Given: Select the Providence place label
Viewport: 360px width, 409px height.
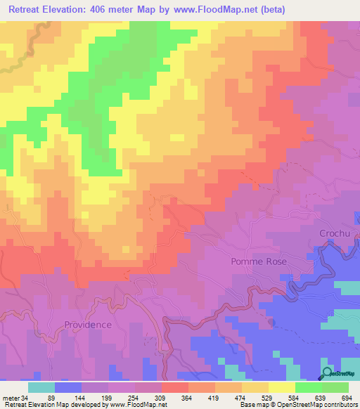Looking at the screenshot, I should pos(88,325).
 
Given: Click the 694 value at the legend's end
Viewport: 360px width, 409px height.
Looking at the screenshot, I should pos(344,397).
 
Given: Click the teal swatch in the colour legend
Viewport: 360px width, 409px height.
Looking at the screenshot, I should pos(41,387).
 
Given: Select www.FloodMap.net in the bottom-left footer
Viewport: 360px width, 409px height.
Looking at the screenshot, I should pos(138,405).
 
